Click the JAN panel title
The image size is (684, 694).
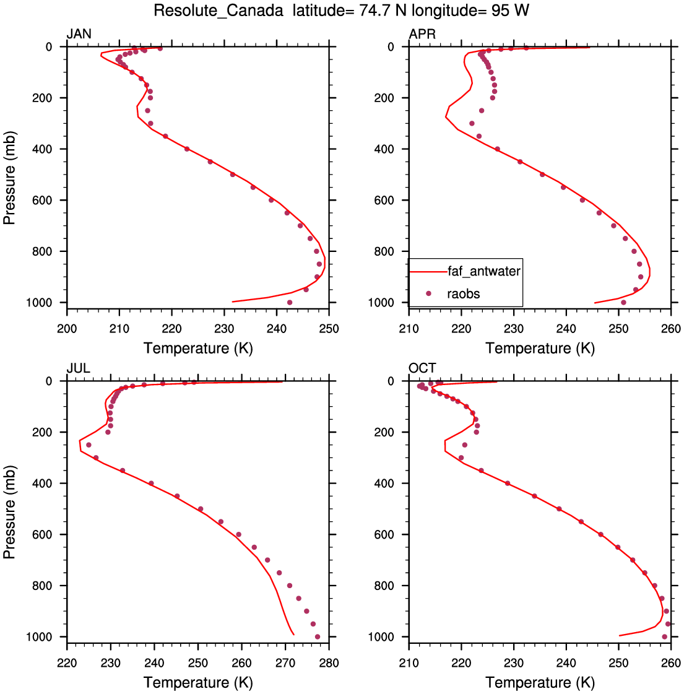pos(79,33)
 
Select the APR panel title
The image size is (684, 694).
pos(422,33)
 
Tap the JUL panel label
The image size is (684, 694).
pos(79,368)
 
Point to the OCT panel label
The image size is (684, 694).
pos(422,368)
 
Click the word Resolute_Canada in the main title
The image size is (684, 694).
pos(219,10)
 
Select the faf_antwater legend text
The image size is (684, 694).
pos(484,271)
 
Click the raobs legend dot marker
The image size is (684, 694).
pos(428,293)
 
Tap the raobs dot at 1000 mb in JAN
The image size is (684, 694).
pos(290,302)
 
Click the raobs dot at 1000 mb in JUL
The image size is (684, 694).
pos(317,636)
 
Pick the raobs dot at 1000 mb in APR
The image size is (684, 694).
pos(623,302)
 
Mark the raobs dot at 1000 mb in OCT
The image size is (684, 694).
pos(664,636)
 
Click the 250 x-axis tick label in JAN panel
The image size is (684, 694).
pos(329,329)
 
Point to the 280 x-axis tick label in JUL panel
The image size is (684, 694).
pos(329,663)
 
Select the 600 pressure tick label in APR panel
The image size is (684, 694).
pos(384,201)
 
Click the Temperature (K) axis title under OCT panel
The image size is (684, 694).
pos(540,682)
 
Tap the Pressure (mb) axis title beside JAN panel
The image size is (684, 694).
pos(9,178)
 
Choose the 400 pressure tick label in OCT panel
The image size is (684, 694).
pos(384,484)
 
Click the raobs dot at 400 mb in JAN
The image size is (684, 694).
pos(187,149)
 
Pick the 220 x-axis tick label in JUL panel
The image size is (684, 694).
pos(67,663)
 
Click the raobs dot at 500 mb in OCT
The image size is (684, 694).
pos(559,509)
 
